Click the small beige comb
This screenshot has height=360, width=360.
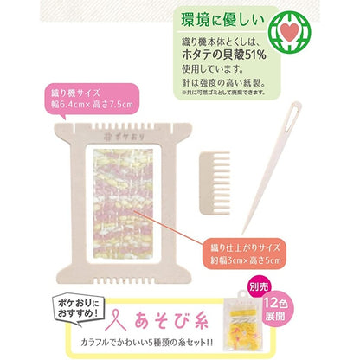(232, 161)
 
